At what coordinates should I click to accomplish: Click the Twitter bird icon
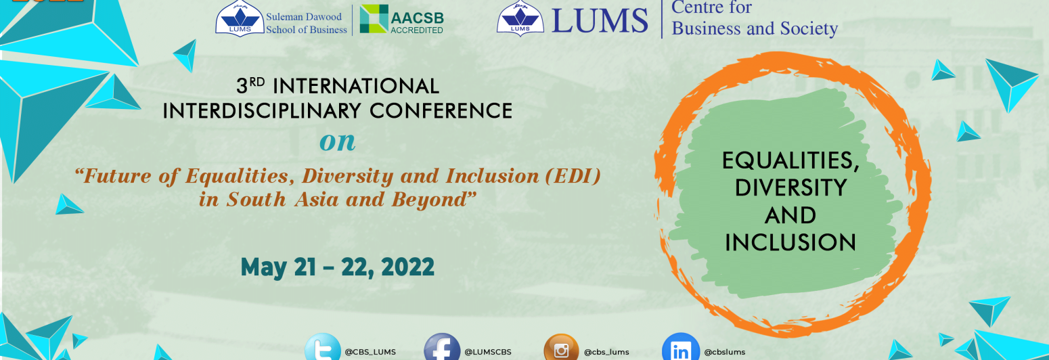pyautogui.click(x=322, y=349)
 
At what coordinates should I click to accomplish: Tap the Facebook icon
pyautogui.click(x=442, y=349)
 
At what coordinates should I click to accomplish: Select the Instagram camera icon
pyautogui.click(x=561, y=349)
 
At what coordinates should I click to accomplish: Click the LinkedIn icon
pyautogui.click(x=680, y=349)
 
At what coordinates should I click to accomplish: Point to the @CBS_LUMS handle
pyautogui.click(x=370, y=352)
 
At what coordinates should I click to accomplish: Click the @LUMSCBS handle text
pyautogui.click(x=488, y=352)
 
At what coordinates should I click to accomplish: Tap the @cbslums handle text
pyautogui.click(x=725, y=352)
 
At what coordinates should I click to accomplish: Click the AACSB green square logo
pyautogui.click(x=374, y=18)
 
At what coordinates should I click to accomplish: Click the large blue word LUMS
pyautogui.click(x=600, y=20)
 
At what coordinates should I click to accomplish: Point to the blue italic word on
pyautogui.click(x=337, y=141)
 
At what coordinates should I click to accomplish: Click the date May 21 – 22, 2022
pyautogui.click(x=337, y=267)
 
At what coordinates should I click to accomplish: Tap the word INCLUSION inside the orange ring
pyautogui.click(x=790, y=242)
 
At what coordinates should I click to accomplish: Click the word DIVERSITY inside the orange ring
pyautogui.click(x=790, y=187)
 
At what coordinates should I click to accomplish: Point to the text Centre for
pyautogui.click(x=712, y=8)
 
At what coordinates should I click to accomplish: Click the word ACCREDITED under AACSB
pyautogui.click(x=417, y=30)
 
